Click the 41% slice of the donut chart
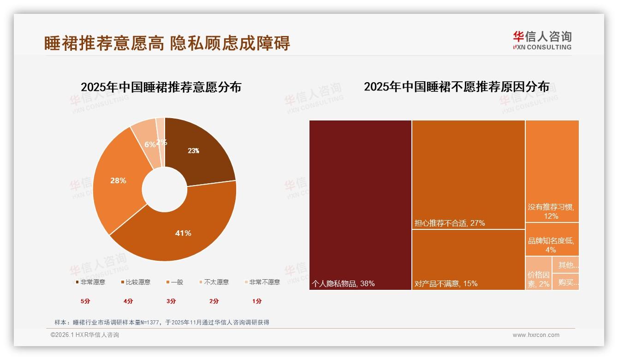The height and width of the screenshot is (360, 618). [x=183, y=233]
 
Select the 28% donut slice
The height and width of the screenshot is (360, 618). [x=118, y=180]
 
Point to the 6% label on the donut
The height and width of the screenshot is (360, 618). [x=150, y=144]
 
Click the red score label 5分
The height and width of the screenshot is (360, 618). [x=85, y=301]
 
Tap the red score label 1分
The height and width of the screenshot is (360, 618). [x=257, y=301]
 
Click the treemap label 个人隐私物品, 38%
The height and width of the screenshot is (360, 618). [x=343, y=283]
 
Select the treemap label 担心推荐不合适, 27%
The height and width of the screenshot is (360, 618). [x=449, y=223]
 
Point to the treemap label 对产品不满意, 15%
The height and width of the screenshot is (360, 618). [x=446, y=283]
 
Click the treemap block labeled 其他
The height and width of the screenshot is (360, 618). [x=566, y=265]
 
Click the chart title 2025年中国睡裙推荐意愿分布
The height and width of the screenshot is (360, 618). [x=161, y=87]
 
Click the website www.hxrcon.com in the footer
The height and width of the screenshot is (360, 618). [x=536, y=335]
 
